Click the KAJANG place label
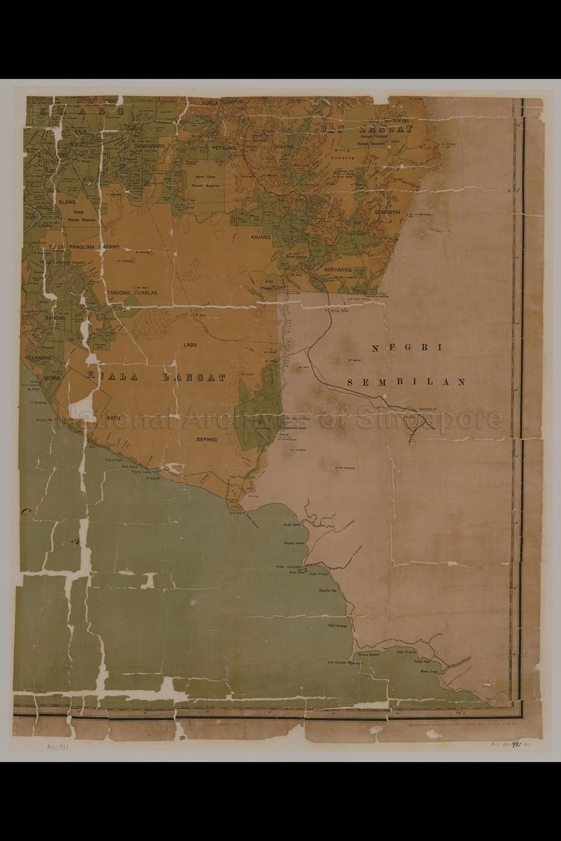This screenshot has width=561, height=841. click(x=261, y=237)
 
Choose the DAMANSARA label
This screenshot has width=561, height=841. click(x=142, y=147)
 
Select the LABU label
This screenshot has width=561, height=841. click(x=190, y=344)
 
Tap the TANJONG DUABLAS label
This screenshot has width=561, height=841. click(x=132, y=293)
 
